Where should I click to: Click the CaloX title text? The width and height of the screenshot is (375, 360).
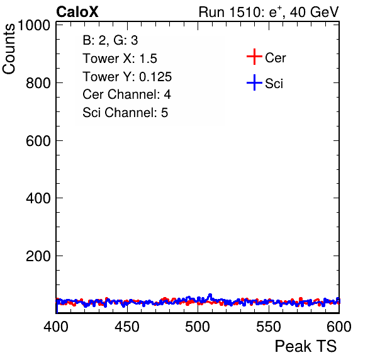(77, 12)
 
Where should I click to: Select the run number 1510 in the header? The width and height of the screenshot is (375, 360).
(245, 12)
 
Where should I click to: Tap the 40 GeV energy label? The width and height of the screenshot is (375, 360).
(314, 12)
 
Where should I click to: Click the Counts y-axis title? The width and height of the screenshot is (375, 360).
(9, 49)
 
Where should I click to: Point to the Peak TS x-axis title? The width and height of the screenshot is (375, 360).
(306, 346)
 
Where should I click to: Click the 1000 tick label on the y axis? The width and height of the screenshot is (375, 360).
(34, 25)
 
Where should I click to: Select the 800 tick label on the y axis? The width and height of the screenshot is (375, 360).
(38, 83)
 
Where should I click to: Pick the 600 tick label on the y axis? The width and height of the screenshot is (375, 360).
(38, 141)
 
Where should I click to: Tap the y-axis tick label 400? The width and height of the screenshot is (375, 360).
(38, 198)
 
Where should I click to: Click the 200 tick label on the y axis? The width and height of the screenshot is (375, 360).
(38, 256)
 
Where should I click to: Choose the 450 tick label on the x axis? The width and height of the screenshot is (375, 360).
(127, 326)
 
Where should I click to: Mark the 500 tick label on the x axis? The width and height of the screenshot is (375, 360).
(198, 326)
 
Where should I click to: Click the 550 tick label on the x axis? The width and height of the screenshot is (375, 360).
(269, 326)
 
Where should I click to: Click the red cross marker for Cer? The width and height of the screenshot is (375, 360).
(254, 57)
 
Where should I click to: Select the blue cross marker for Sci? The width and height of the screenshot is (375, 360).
(254, 82)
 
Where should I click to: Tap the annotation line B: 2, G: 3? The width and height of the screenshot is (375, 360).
(110, 40)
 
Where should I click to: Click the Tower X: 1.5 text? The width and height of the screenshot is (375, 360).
(120, 59)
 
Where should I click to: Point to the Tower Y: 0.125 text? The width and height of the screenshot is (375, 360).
(127, 77)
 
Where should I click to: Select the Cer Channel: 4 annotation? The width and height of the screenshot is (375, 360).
(126, 94)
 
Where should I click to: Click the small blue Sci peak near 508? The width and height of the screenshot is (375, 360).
(210, 295)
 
